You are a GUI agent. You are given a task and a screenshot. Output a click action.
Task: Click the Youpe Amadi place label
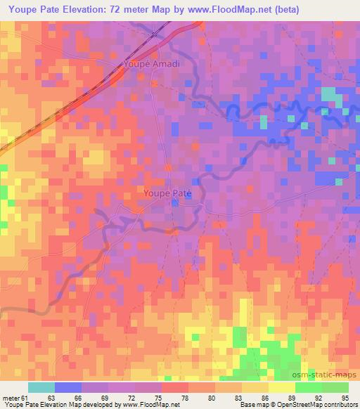152,64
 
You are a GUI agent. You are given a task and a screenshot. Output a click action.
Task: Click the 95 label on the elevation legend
344,398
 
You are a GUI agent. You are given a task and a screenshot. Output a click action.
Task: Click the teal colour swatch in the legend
41,387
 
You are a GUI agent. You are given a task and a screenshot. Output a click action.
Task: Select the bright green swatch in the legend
308,387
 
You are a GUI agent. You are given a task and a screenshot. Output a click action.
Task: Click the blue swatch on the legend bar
68,387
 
